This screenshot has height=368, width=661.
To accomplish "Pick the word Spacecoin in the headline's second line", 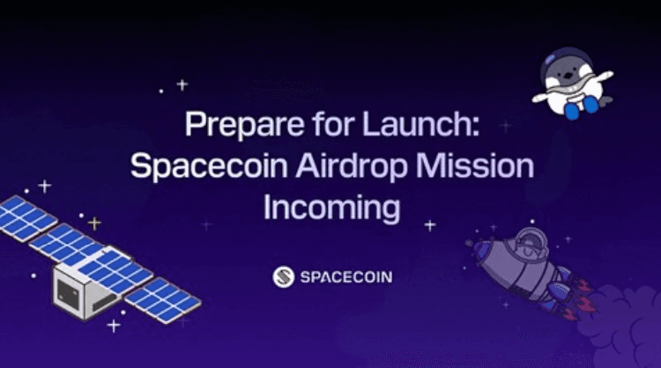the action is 209,166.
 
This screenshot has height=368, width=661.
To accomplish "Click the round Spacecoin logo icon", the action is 283,277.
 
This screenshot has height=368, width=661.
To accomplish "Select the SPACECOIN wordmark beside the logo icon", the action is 346,277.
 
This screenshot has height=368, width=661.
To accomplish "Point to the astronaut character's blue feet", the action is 581,107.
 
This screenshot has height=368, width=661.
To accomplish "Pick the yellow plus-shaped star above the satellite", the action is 94,223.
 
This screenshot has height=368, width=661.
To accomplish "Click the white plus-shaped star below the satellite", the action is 114,326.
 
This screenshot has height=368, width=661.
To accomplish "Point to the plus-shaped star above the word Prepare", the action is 182,85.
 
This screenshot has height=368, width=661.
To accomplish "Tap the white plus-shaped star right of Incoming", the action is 429,225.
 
